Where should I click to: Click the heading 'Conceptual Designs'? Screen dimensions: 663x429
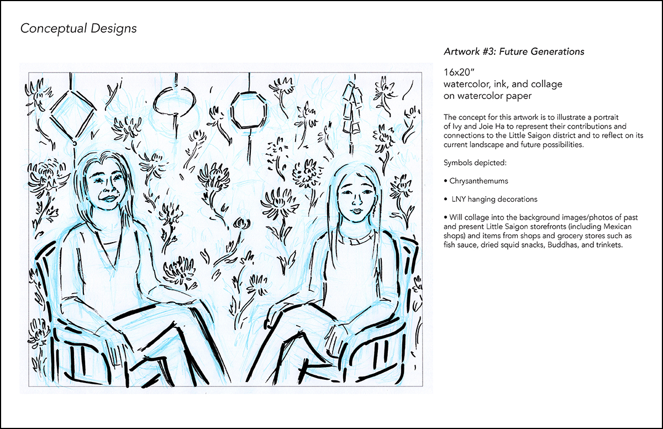(x=78, y=29)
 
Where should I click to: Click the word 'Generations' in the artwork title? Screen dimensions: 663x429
(x=557, y=51)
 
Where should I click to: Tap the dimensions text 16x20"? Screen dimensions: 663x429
(x=459, y=72)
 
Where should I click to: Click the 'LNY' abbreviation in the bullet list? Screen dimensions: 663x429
(x=459, y=199)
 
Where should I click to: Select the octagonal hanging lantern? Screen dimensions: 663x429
(x=249, y=110)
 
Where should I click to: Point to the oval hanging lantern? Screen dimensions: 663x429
(x=175, y=101)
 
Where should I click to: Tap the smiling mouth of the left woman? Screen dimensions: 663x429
(x=109, y=198)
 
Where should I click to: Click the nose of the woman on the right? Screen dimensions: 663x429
(x=357, y=201)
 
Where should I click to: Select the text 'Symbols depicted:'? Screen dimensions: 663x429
(x=475, y=163)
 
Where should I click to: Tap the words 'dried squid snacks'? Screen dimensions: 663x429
(x=513, y=245)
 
